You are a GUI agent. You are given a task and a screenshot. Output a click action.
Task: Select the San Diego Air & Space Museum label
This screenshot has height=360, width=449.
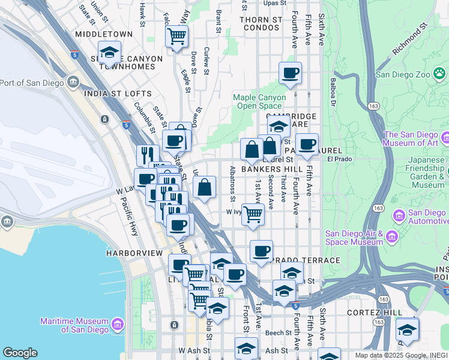click(x=354, y=238)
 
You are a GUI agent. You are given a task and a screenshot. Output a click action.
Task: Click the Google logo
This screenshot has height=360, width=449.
click(x=20, y=353)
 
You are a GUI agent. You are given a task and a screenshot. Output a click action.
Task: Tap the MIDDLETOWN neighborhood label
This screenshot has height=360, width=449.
click(x=104, y=35)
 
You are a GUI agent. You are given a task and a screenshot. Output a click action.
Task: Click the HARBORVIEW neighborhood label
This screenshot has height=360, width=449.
click(x=134, y=253)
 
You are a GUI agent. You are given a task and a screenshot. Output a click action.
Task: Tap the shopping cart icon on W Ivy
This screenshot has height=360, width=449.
click(x=253, y=214)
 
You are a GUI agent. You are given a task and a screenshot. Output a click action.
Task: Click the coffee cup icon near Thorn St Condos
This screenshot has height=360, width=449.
click(x=291, y=73)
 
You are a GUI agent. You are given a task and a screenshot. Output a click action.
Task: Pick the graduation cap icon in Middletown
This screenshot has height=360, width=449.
click(x=109, y=53)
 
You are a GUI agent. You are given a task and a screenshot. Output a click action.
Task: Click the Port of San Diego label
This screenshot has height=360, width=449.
click(x=35, y=82)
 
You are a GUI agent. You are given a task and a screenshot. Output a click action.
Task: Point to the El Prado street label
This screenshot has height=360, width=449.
click(x=339, y=159)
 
